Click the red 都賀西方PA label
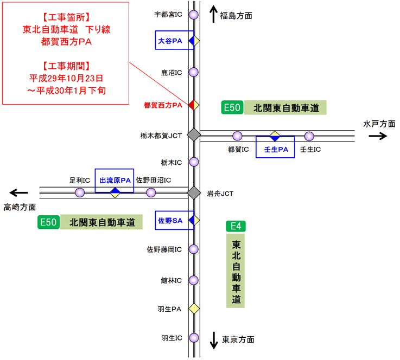click(x=163, y=105)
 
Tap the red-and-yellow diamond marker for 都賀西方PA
click(x=194, y=104)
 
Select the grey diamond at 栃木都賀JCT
click(x=194, y=135)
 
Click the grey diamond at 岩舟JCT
click(x=194, y=192)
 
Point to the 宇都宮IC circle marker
click(x=193, y=15)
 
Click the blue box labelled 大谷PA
click(x=174, y=41)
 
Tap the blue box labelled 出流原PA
click(x=114, y=179)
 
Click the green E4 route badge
click(x=236, y=226)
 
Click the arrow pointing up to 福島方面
click(x=212, y=14)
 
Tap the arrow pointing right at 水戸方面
click(x=378, y=136)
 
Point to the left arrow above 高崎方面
click(x=19, y=192)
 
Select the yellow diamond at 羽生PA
click(x=194, y=308)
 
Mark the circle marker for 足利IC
click(x=80, y=192)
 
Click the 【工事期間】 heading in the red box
click(x=66, y=66)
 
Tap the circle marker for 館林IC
click(x=194, y=280)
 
